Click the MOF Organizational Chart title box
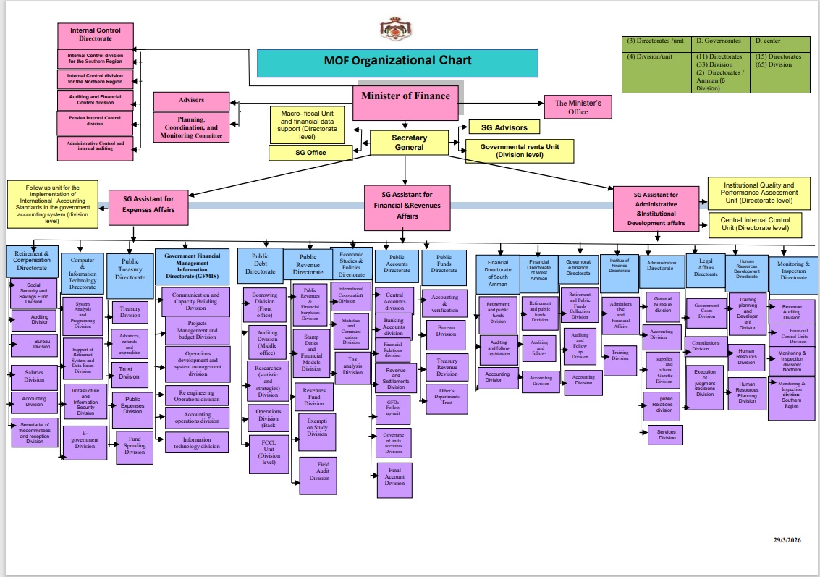click(397, 62)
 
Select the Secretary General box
click(409, 143)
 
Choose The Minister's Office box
click(577, 107)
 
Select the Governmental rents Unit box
click(519, 150)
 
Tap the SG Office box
click(310, 153)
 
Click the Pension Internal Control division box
click(95, 120)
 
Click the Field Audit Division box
click(318, 475)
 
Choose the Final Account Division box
click(394, 479)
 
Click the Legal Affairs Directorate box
click(706, 269)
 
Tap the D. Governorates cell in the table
click(721, 41)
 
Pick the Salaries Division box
click(34, 376)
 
